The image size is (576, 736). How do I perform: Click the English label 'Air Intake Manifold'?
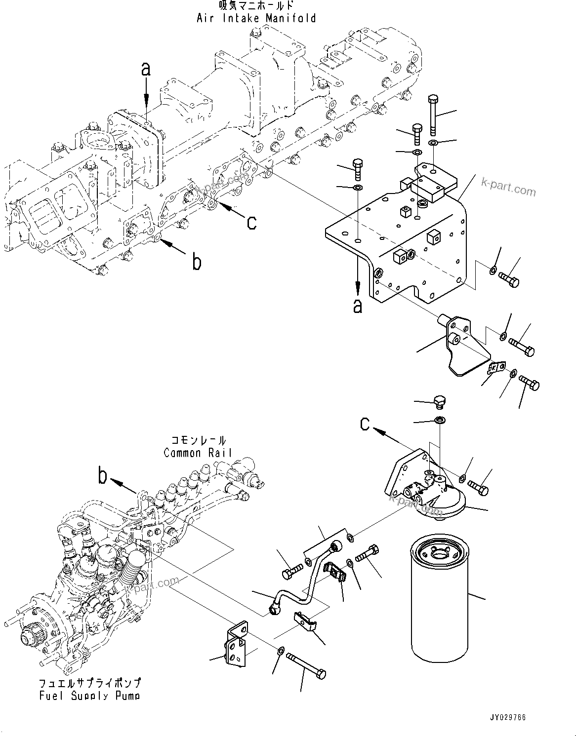pyautogui.click(x=256, y=19)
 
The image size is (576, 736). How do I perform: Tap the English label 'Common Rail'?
pyautogui.click(x=198, y=453)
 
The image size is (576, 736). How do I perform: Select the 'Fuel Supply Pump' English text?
pyautogui.click(x=89, y=696)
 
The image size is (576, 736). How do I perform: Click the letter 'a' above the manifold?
pyautogui.click(x=146, y=70)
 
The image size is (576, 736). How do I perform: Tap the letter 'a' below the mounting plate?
pyautogui.click(x=358, y=306)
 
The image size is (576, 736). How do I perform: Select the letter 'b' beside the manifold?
pyautogui.click(x=197, y=262)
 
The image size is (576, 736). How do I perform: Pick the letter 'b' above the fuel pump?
pyautogui.click(x=103, y=476)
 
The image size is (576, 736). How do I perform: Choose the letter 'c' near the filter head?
pyautogui.click(x=365, y=423)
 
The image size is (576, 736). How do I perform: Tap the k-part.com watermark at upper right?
pyautogui.click(x=508, y=188)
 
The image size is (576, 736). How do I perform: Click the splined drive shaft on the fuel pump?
pyautogui.click(x=31, y=637)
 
